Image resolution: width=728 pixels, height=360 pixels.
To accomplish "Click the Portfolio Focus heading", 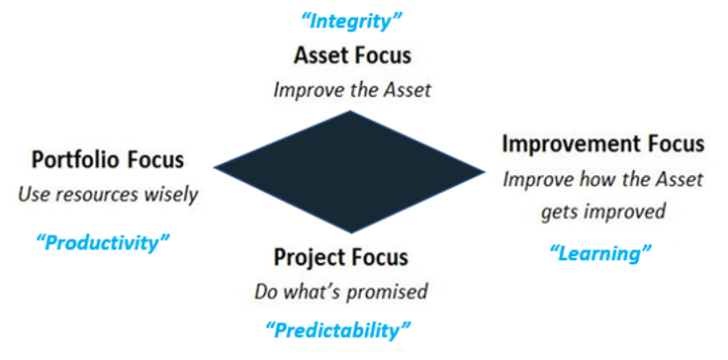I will (x=108, y=159).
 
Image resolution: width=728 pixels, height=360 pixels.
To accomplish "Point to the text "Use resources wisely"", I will (x=108, y=194).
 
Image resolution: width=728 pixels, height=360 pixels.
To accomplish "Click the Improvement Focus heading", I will (x=603, y=143).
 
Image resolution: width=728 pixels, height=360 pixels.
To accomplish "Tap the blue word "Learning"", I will (x=600, y=254).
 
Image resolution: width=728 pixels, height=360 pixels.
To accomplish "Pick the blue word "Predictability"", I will (x=338, y=329).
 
